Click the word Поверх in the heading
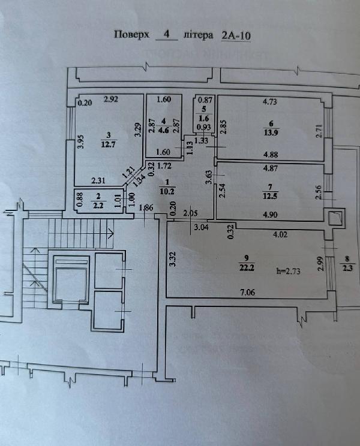click(131, 35)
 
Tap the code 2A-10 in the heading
click(236, 35)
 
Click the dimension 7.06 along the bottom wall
click(248, 292)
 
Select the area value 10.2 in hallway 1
click(168, 192)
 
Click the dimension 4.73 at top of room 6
click(270, 101)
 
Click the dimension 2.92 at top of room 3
click(112, 99)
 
